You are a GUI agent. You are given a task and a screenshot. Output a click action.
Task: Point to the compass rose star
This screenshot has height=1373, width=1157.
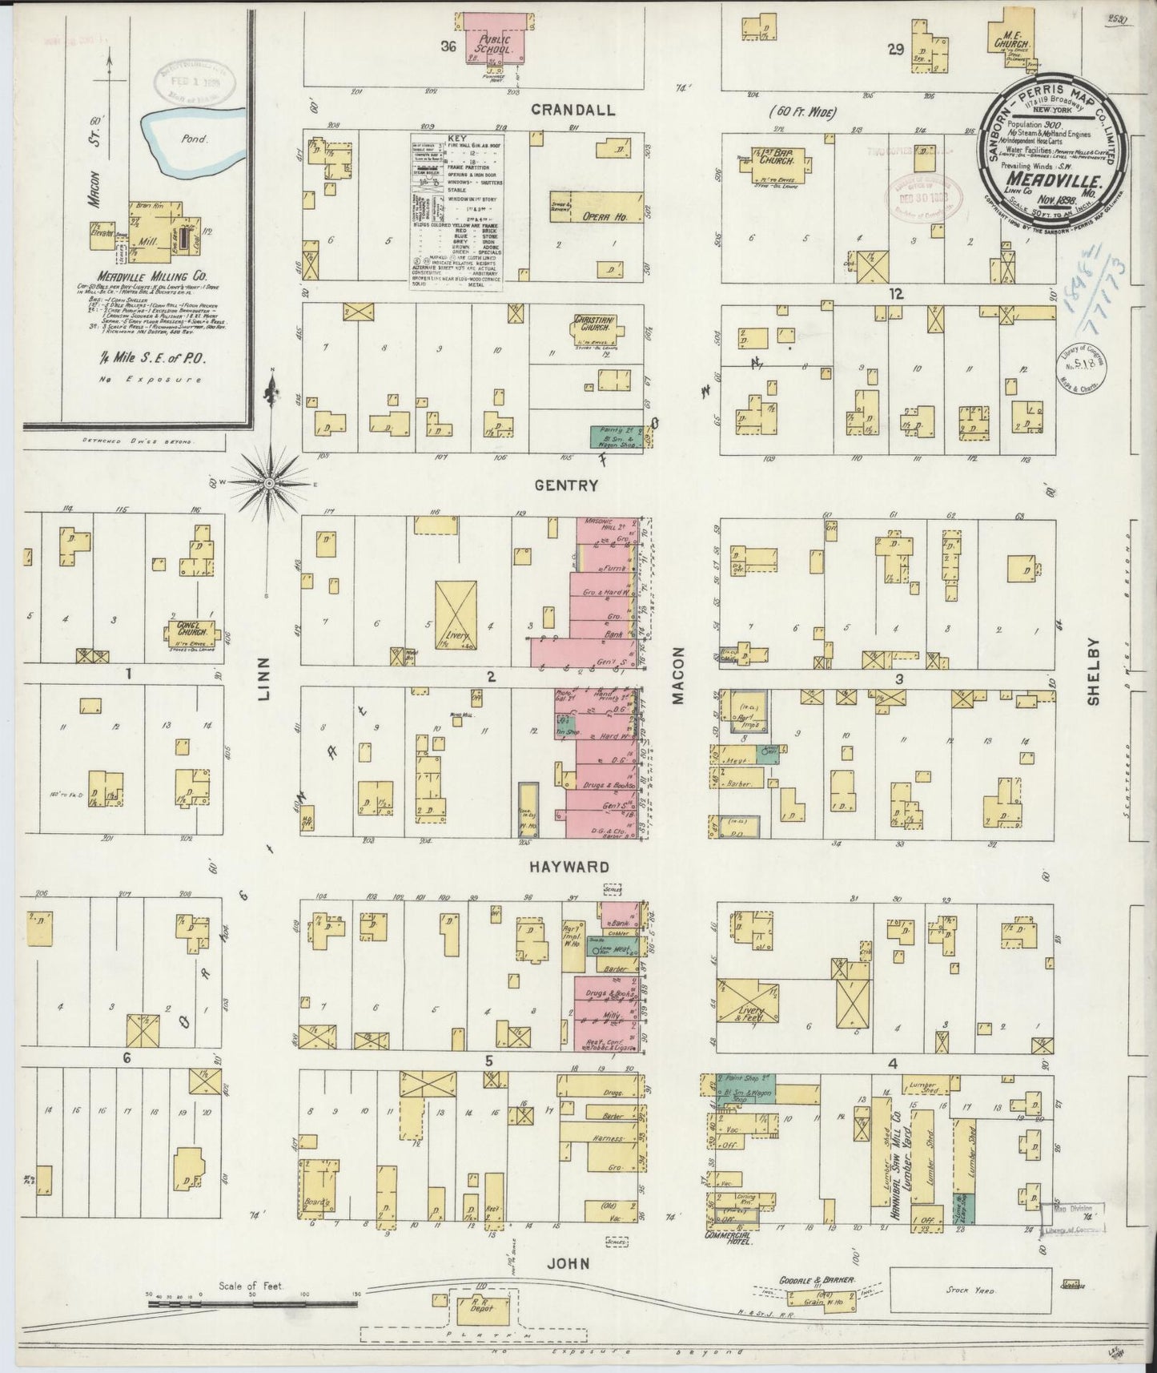270,483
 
